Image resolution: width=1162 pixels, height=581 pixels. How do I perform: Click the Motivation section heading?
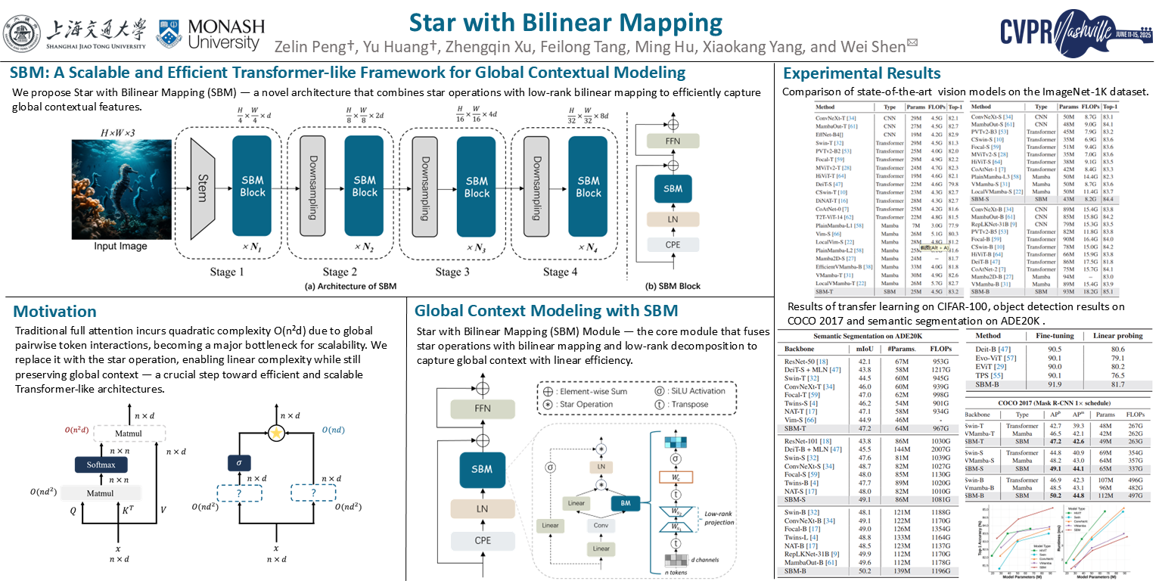click(x=55, y=312)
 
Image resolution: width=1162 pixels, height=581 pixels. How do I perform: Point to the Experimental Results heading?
click(x=862, y=73)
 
